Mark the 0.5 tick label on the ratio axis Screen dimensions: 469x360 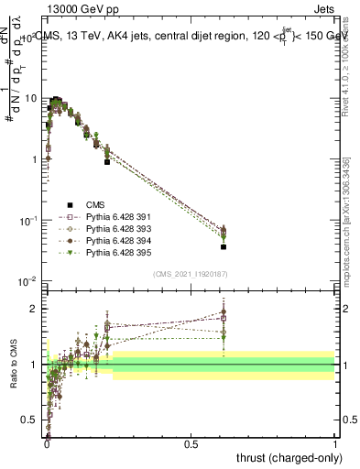[x=30, y=420]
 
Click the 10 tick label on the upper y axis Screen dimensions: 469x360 [x=31, y=98]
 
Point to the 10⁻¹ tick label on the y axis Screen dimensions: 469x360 [x=28, y=221]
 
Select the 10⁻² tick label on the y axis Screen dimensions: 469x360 [x=28, y=281]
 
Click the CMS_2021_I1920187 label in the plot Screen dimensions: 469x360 [x=191, y=274]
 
